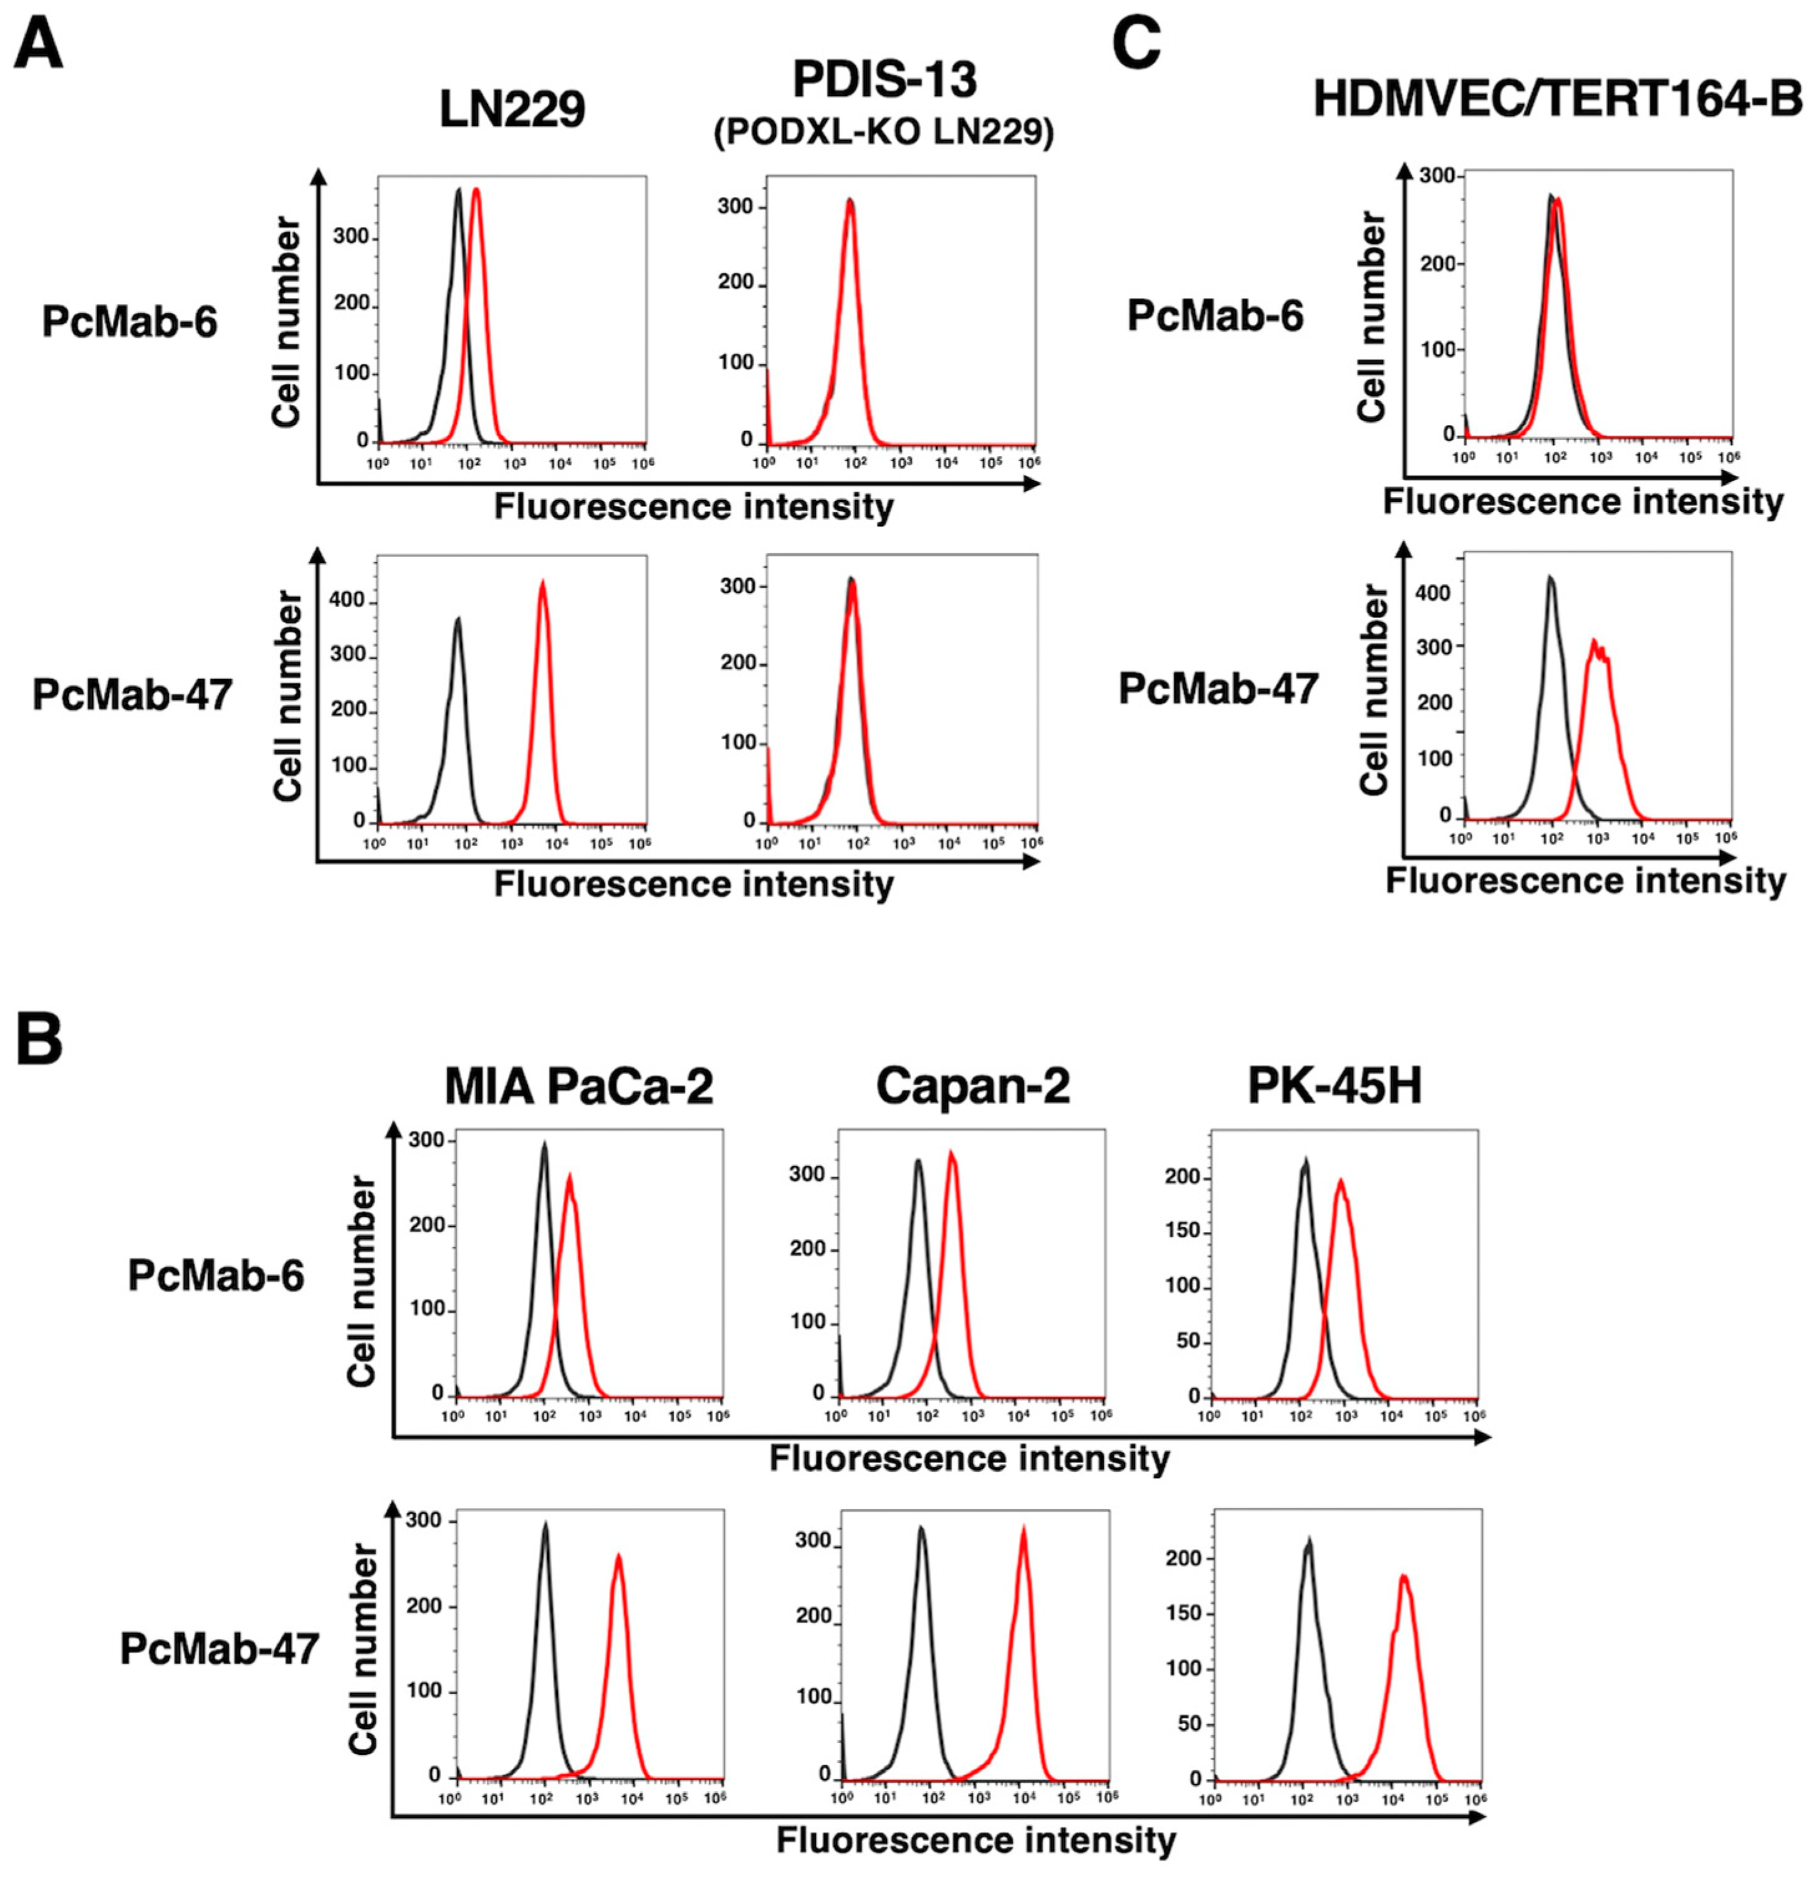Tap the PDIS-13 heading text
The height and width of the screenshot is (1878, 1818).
point(884,80)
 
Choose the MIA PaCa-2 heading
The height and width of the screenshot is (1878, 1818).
point(579,1087)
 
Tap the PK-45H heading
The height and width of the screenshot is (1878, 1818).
point(1334,1087)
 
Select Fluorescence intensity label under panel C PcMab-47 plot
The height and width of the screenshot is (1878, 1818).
point(1585,880)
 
